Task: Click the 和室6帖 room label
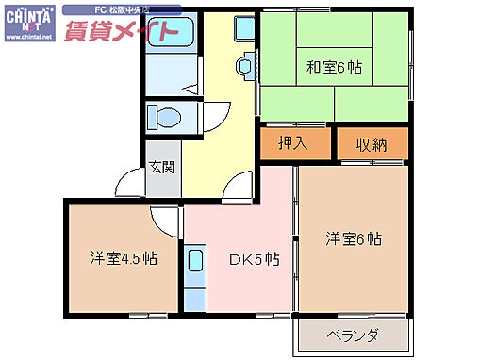tap(334, 68)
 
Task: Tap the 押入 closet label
tap(293, 143)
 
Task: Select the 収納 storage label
tap(372, 144)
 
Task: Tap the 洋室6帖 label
tap(354, 238)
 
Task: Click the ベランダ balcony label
tap(353, 335)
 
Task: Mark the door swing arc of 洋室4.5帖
tap(166, 221)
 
